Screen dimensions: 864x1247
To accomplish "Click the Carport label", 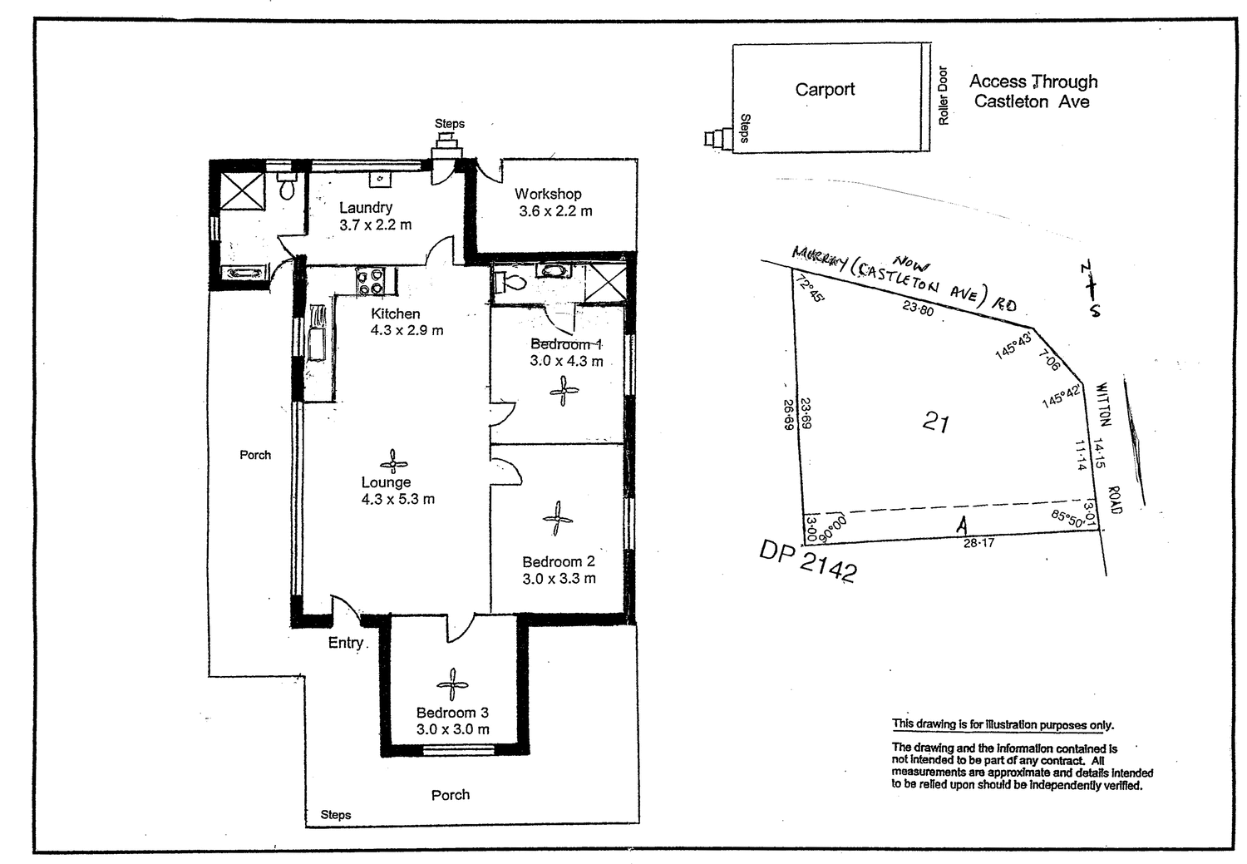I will [x=824, y=90].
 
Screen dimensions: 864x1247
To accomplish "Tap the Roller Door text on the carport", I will [x=943, y=96].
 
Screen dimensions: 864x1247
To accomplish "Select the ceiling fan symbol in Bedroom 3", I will [x=451, y=684].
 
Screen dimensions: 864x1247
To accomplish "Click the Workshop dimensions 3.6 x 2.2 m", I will [x=555, y=211].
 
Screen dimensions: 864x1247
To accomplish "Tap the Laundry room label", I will [x=365, y=208].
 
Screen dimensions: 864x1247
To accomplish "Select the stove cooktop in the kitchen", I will [x=370, y=280].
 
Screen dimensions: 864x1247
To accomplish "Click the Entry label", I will [x=345, y=643].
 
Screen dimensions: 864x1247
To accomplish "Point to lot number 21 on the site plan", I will [x=935, y=423].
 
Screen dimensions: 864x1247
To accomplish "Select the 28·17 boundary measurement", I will [x=978, y=543].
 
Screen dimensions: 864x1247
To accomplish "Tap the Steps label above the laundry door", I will [x=449, y=124].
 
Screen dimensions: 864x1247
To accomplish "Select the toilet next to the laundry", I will [x=287, y=189].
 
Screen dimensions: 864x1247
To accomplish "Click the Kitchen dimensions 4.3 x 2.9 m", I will [x=407, y=330].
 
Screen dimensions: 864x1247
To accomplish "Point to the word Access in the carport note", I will [x=997, y=81].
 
